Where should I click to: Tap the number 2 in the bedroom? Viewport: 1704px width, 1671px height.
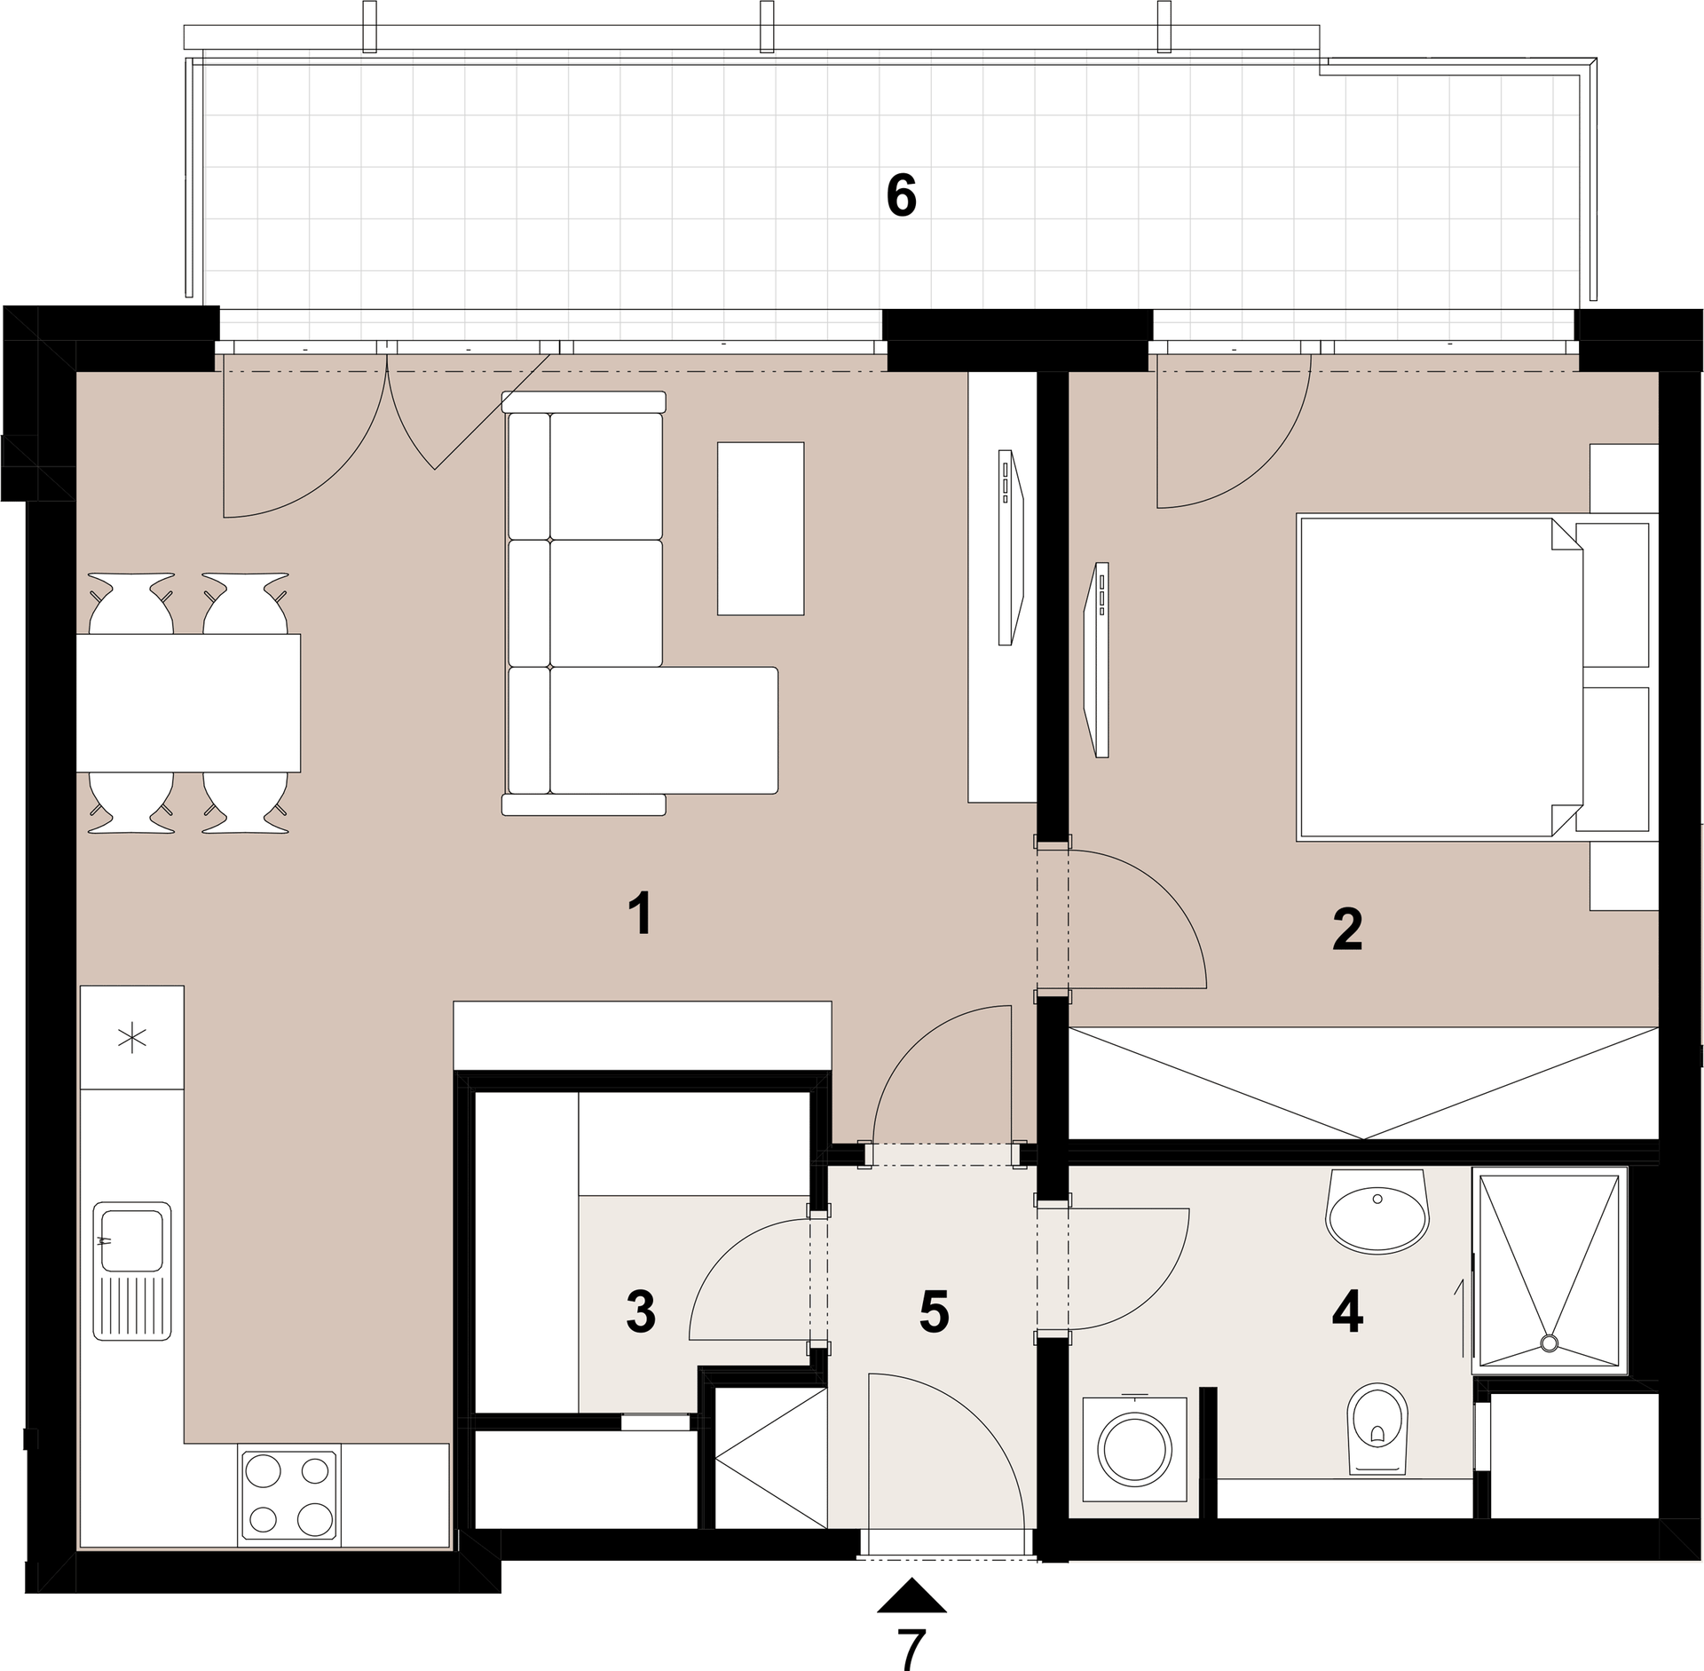click(1347, 930)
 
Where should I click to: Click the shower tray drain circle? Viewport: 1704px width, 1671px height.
click(1550, 1343)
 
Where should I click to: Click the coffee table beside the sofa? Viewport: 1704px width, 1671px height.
click(761, 528)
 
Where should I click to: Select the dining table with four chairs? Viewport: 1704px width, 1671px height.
click(188, 702)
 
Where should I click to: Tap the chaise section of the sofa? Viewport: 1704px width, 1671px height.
click(664, 730)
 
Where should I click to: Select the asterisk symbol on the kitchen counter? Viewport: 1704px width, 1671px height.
click(132, 1038)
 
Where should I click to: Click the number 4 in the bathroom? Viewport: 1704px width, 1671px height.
click(1347, 1312)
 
